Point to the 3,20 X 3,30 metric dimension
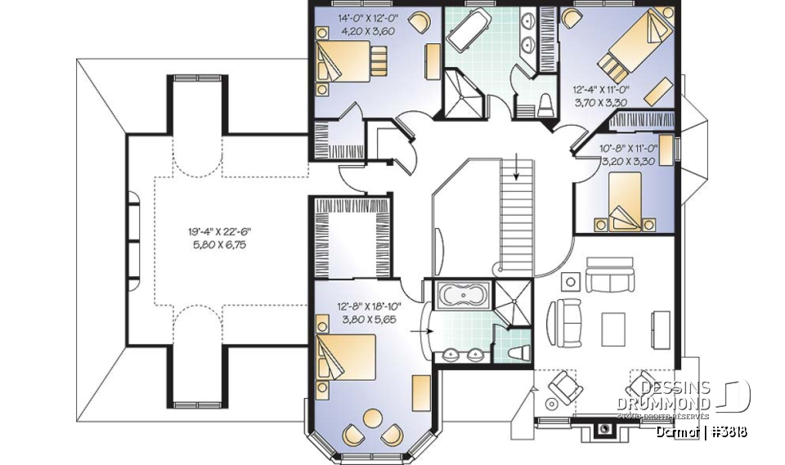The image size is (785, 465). [628, 162]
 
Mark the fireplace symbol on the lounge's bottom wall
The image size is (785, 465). [604, 427]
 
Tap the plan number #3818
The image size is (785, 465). [727, 431]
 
